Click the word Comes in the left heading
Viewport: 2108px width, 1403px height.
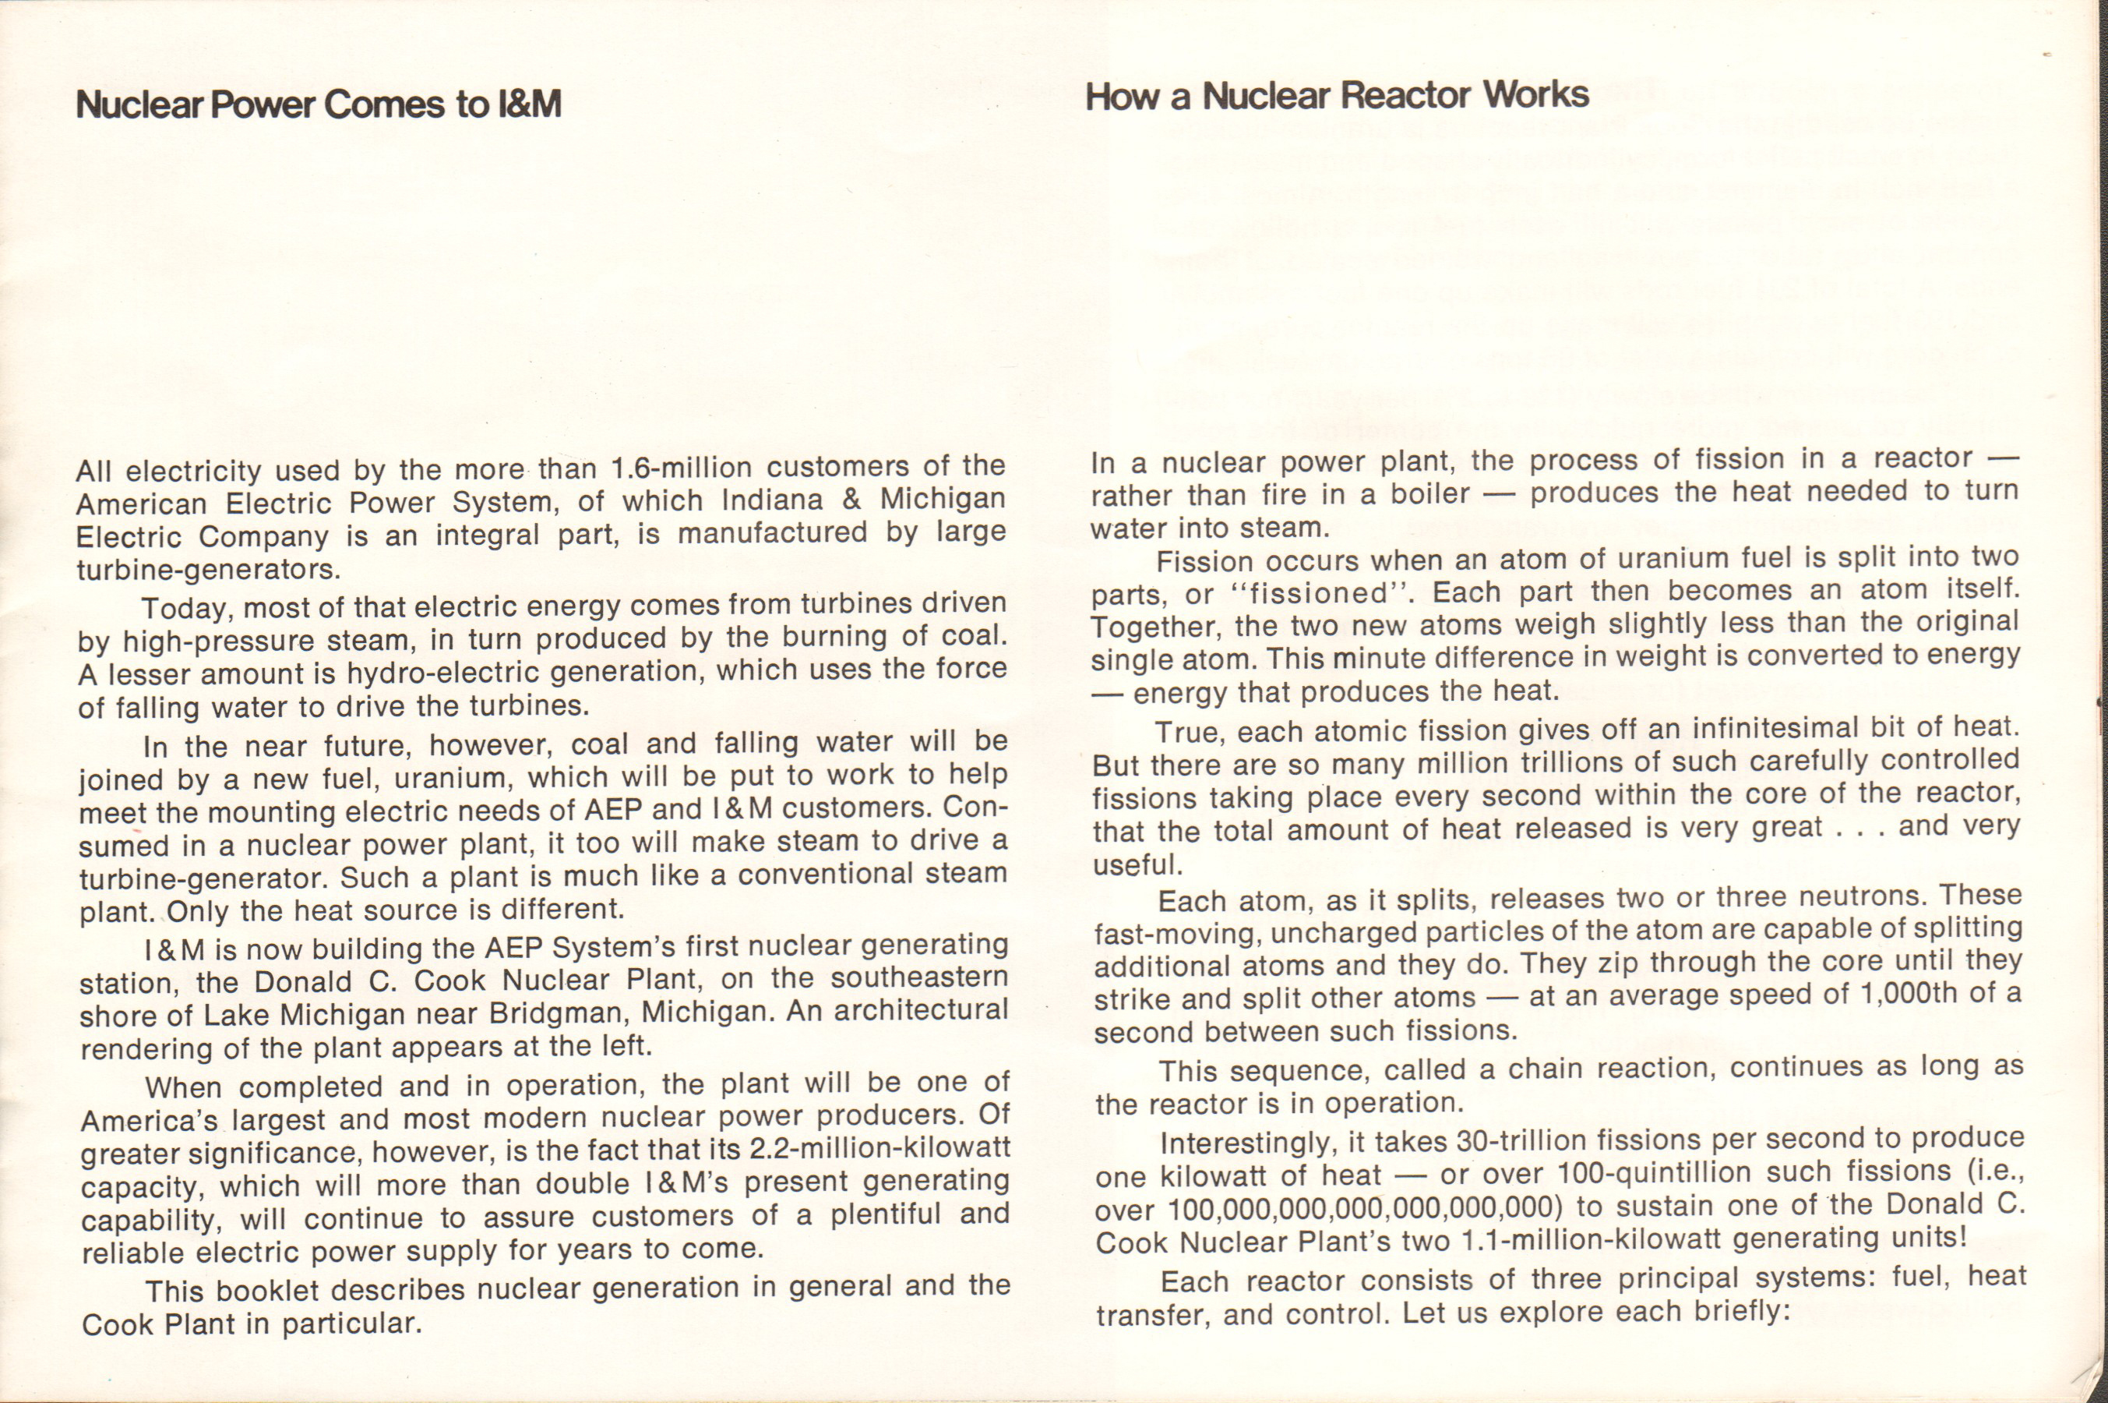coord(385,104)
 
